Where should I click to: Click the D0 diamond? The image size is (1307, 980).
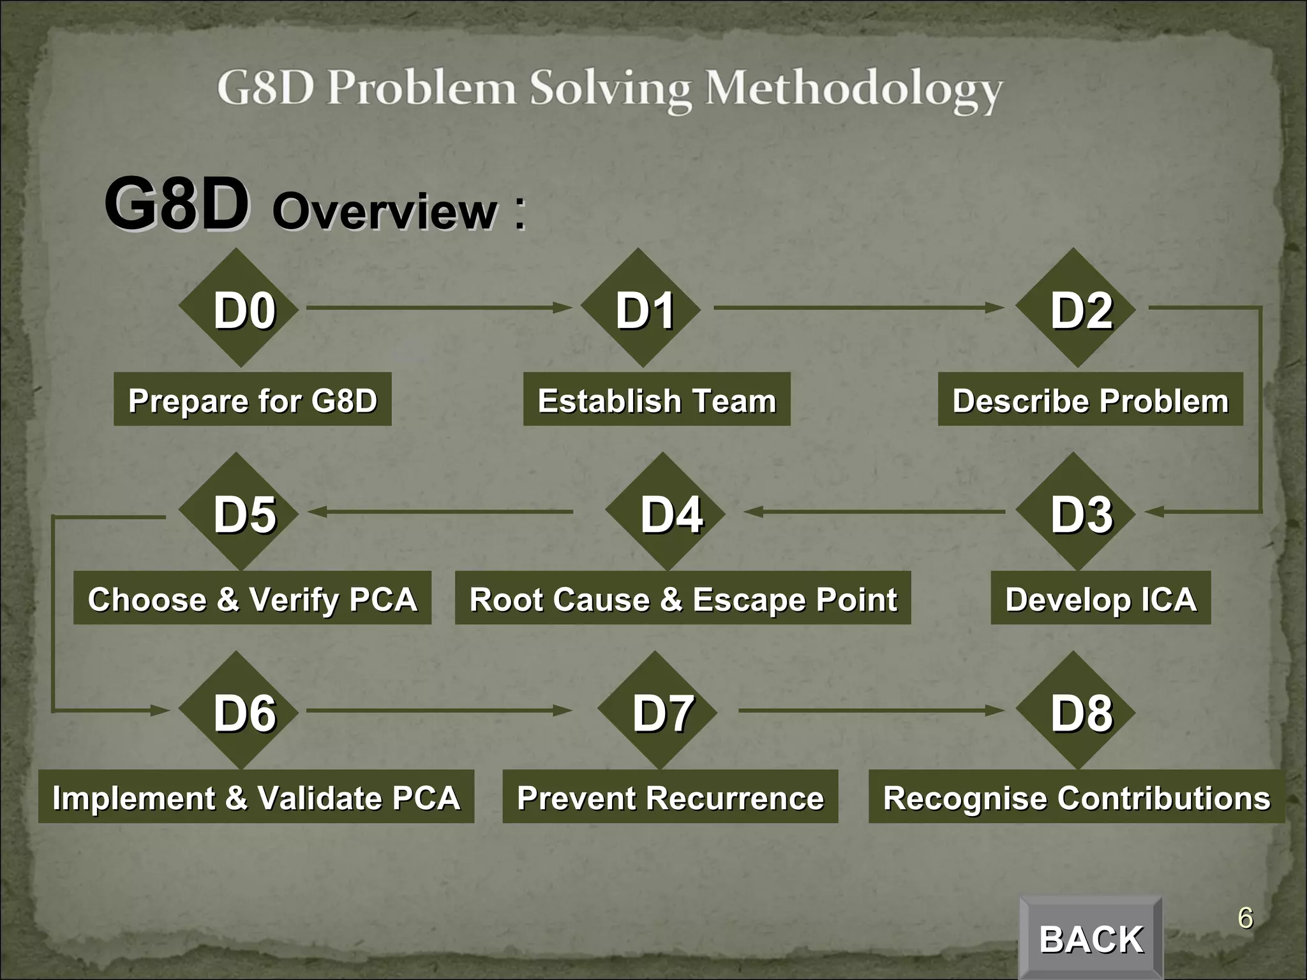[239, 309]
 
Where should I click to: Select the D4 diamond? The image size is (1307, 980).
[666, 512]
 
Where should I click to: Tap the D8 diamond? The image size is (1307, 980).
[1075, 711]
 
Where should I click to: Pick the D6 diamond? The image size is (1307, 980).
[239, 711]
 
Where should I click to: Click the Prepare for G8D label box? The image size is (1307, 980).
[252, 400]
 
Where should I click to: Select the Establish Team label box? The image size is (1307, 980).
[657, 400]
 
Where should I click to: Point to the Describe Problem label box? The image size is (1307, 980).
[1090, 400]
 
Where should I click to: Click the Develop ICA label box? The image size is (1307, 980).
[1100, 598]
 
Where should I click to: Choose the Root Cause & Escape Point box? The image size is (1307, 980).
[682, 598]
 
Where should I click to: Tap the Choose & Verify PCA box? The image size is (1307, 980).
[252, 598]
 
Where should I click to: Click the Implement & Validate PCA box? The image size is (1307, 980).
[256, 797]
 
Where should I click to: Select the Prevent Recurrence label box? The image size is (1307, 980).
[670, 797]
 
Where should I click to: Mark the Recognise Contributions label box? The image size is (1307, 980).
[1076, 797]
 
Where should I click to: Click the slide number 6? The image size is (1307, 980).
[1245, 919]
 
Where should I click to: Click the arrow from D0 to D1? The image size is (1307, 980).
[439, 308]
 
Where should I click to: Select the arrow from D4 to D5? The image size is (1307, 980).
[440, 512]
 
